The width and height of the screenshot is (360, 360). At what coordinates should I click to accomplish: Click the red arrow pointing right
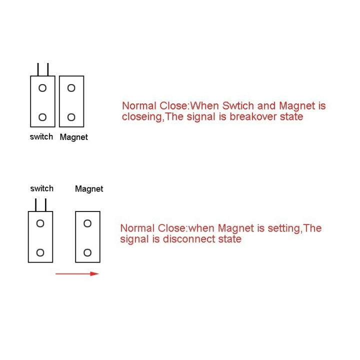pos(77,273)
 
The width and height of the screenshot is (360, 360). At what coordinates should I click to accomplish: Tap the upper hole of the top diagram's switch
pos(42,88)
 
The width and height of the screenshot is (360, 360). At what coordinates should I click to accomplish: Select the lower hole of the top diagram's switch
pos(42,117)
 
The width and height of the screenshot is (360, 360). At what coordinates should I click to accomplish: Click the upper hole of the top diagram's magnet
pos(71,88)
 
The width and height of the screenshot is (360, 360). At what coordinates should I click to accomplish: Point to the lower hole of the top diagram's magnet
pos(71,117)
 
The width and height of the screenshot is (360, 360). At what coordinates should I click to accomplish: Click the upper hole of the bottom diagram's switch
pos(40,223)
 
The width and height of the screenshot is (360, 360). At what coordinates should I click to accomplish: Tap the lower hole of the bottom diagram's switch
pos(40,252)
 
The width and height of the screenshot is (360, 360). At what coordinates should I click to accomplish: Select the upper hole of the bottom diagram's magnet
pos(87,223)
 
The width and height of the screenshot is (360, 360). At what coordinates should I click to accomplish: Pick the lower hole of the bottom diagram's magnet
pos(87,252)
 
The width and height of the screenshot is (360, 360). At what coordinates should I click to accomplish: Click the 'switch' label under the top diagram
pos(41,136)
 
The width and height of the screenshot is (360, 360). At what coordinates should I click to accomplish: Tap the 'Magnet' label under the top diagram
pos(73,137)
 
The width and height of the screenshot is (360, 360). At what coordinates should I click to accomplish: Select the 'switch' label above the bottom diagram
pos(41,188)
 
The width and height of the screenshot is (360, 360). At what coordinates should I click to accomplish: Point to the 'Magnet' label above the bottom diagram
pos(89,189)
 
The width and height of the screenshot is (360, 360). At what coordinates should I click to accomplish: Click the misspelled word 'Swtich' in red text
pos(242,106)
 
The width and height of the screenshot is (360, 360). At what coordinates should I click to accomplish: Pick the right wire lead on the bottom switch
pos(46,205)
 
